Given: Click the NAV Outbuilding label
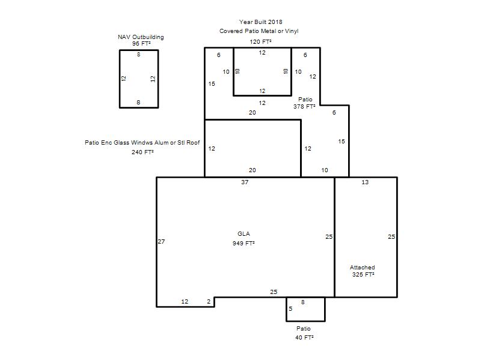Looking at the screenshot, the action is pyautogui.click(x=141, y=37).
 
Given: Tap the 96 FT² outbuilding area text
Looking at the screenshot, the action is pyautogui.click(x=141, y=44).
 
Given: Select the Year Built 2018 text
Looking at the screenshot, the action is pyautogui.click(x=261, y=22).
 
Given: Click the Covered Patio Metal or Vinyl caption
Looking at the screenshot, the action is pyautogui.click(x=259, y=31).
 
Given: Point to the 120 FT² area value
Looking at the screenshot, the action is pyautogui.click(x=261, y=41).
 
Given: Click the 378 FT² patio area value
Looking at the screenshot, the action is pyautogui.click(x=304, y=107).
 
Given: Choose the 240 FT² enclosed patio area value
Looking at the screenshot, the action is pyautogui.click(x=142, y=152).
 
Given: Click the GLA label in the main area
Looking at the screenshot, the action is pyautogui.click(x=244, y=234).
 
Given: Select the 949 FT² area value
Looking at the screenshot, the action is pyautogui.click(x=244, y=244).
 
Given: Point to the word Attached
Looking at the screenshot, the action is pyautogui.click(x=363, y=268).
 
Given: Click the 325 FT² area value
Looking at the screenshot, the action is pyautogui.click(x=363, y=275).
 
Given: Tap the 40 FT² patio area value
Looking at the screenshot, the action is pyautogui.click(x=304, y=338).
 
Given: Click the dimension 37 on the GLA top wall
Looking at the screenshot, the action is pyautogui.click(x=245, y=182).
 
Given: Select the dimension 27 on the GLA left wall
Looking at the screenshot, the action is pyautogui.click(x=161, y=242).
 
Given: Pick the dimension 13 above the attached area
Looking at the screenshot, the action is pyautogui.click(x=365, y=182).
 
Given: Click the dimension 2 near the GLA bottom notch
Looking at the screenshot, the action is pyautogui.click(x=209, y=302).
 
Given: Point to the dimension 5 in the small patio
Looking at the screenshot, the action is pyautogui.click(x=290, y=309).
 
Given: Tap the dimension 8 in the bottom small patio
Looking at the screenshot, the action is pyautogui.click(x=303, y=302).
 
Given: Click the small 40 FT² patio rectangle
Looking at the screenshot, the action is pyautogui.click(x=305, y=322).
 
